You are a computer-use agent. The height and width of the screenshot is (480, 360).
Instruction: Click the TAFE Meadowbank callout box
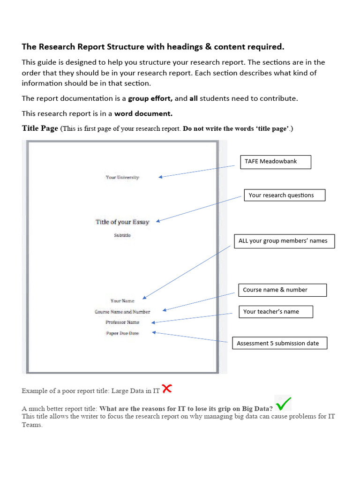(275, 162)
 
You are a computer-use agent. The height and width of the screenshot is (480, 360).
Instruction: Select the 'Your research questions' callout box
(284, 195)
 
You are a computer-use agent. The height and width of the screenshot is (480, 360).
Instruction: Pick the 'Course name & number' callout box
(282, 290)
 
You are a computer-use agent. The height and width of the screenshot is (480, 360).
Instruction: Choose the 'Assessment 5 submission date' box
(279, 343)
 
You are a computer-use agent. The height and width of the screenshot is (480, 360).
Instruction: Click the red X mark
(166, 388)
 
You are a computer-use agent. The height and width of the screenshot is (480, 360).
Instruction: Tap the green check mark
(284, 403)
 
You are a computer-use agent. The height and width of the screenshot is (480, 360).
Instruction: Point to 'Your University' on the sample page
(122, 177)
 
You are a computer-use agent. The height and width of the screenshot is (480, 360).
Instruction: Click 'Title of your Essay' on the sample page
(122, 222)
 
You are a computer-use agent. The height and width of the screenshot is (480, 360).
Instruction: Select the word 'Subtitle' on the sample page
(122, 235)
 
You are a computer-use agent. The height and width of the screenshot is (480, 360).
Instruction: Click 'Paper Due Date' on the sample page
(122, 333)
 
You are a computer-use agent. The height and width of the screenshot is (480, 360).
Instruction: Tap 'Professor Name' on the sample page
(122, 322)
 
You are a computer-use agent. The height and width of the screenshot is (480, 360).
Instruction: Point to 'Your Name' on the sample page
(122, 301)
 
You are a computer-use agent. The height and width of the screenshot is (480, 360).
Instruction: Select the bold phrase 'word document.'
(143, 113)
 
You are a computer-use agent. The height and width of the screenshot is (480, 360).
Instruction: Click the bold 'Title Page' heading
(40, 128)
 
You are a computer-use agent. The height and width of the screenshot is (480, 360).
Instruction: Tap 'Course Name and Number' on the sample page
(122, 312)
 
